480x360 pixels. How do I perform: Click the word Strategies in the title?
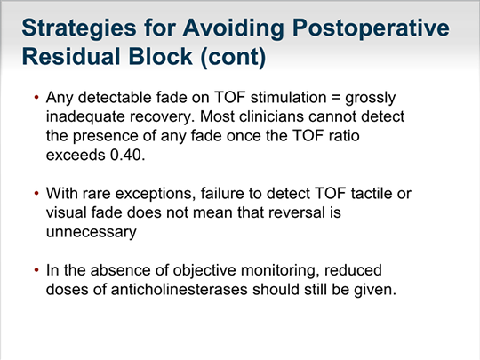point(79,28)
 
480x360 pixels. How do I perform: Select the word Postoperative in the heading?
point(371,28)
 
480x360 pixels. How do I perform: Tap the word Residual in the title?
point(71,57)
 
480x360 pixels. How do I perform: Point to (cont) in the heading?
point(233,58)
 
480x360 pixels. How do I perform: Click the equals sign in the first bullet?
point(336,98)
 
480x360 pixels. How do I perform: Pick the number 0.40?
point(127,155)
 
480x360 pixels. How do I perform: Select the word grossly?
point(371,99)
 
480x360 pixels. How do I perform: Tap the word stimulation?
point(288,98)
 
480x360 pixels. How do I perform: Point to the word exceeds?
point(76,155)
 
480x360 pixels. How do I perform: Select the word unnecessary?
point(92,232)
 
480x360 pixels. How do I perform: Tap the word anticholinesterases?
point(179,289)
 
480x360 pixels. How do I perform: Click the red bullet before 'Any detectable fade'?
point(36,98)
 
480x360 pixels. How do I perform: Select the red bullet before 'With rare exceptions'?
point(36,194)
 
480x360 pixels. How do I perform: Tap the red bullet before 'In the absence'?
point(36,270)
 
